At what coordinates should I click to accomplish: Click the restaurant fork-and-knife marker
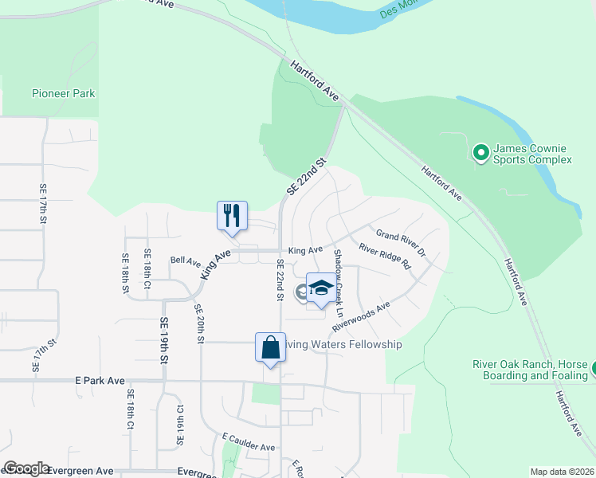pyautogui.click(x=232, y=215)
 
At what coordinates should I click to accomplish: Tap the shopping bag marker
pyautogui.click(x=270, y=347)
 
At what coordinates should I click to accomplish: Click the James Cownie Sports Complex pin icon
pyautogui.click(x=480, y=151)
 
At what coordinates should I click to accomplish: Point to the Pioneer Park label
pyautogui.click(x=63, y=93)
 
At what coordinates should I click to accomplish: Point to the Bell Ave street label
pyautogui.click(x=186, y=261)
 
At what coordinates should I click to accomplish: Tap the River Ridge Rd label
pyautogui.click(x=384, y=256)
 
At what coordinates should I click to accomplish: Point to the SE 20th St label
pyautogui.click(x=199, y=323)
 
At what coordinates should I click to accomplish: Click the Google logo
pyautogui.click(x=26, y=468)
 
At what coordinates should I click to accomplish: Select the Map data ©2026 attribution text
pyautogui.click(x=561, y=472)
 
